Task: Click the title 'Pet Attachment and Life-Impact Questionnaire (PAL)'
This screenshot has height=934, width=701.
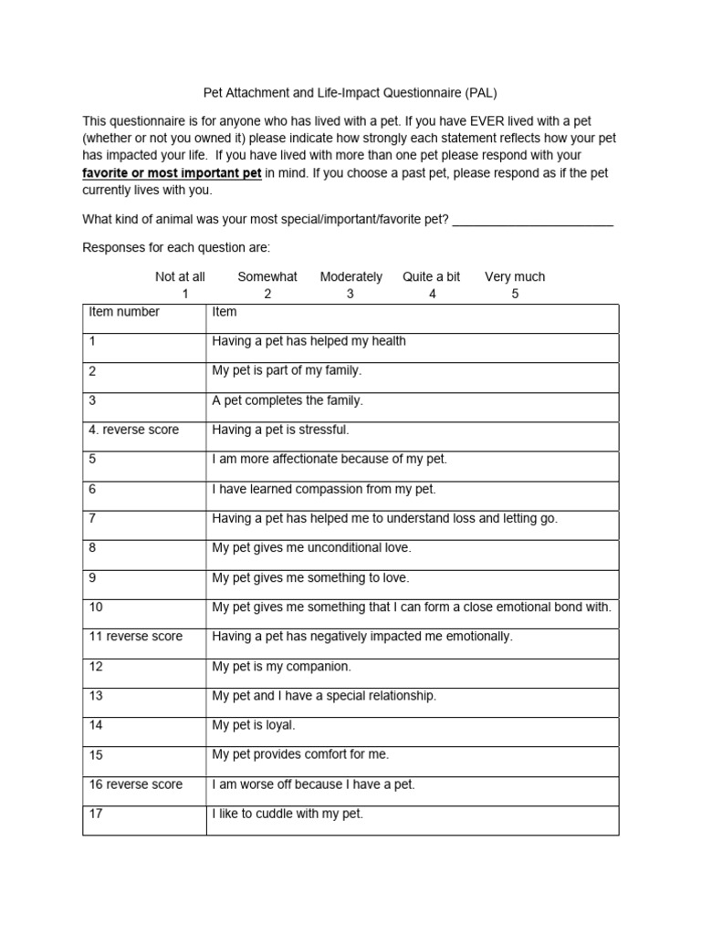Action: click(350, 93)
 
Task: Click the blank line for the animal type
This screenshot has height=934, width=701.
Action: click(532, 220)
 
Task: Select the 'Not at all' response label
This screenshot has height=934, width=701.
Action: click(180, 277)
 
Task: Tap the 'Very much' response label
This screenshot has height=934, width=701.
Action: click(515, 277)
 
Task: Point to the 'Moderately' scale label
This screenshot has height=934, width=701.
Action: click(351, 277)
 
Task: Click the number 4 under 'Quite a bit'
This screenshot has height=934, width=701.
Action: click(432, 294)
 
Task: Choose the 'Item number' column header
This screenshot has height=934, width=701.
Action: click(124, 312)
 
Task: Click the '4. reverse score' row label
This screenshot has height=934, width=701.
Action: click(134, 430)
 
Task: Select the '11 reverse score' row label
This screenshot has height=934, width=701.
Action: click(136, 637)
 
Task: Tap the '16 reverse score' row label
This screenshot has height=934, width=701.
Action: click(136, 784)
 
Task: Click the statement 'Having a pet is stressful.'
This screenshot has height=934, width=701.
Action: click(280, 430)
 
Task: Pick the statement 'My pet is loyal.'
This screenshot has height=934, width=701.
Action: click(254, 726)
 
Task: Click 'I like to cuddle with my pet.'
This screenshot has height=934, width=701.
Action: click(288, 814)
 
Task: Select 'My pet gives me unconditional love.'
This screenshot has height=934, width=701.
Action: click(311, 548)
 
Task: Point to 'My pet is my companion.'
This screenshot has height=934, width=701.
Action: click(281, 667)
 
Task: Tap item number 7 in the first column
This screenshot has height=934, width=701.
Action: click(92, 518)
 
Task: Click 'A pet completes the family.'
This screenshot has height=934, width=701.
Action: click(288, 400)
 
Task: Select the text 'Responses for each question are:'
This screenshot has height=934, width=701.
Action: click(177, 248)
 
